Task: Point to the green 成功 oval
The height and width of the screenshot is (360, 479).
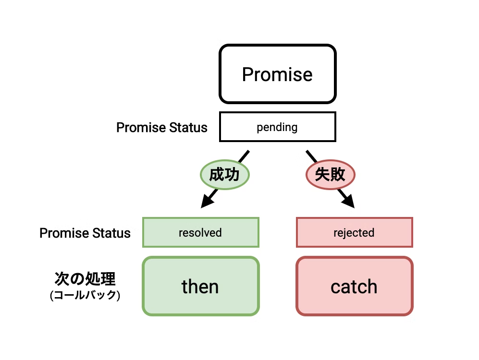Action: tap(224, 174)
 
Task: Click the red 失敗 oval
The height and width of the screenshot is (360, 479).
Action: tap(330, 174)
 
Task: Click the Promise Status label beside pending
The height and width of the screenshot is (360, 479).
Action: tap(162, 128)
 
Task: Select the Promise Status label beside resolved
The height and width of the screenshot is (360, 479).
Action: tap(85, 233)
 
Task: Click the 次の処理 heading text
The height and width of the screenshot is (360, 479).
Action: tap(85, 279)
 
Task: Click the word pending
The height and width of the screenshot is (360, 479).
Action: tap(277, 128)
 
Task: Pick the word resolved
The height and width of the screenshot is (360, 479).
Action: tap(200, 233)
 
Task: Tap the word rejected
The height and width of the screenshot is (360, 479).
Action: tap(354, 233)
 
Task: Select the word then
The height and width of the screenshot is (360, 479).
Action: tap(200, 287)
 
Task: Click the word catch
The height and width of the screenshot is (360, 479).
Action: tap(354, 287)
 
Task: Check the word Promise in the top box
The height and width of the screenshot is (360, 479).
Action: tap(277, 74)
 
